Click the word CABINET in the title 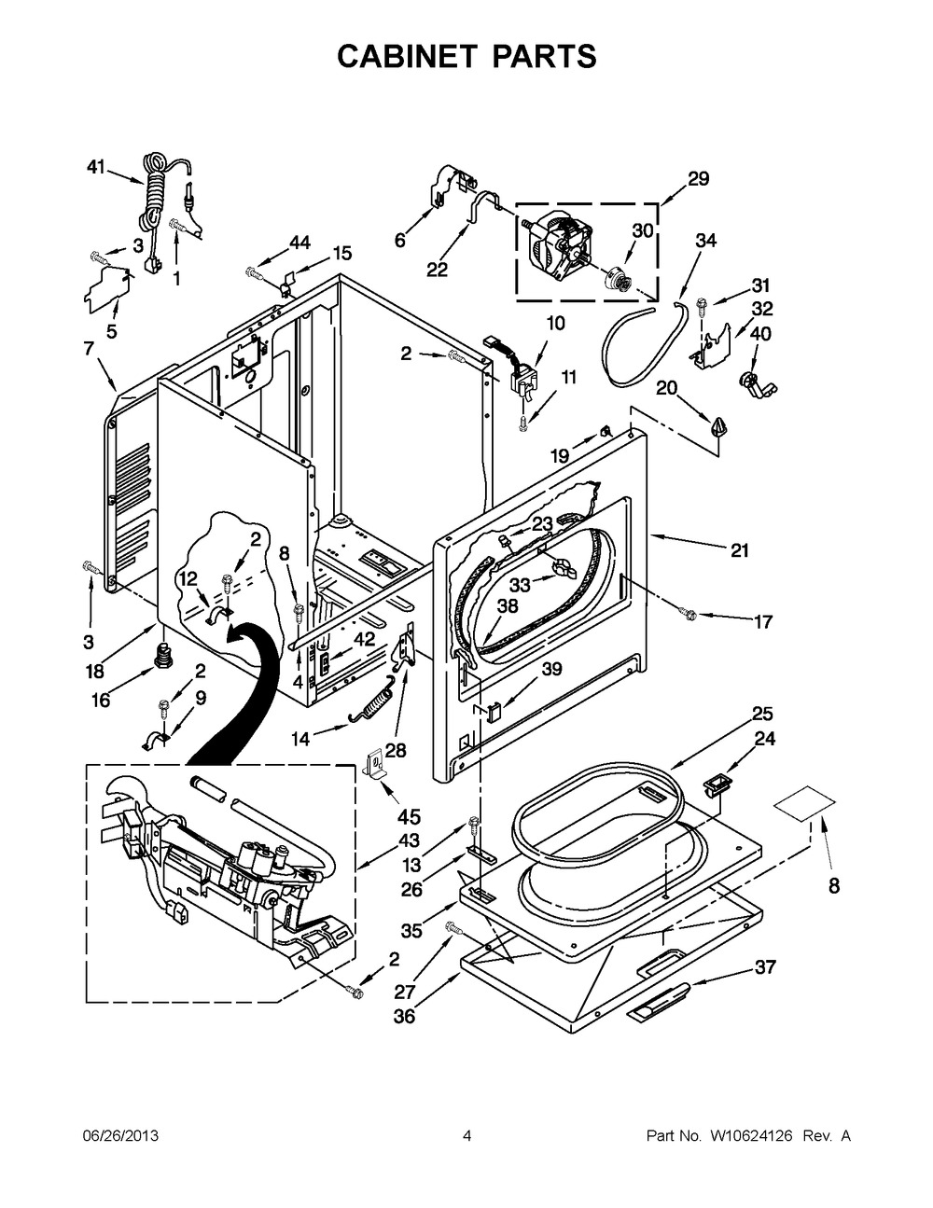coord(402,57)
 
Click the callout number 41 coord(95,167)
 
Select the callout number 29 coord(698,179)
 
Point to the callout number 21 coord(739,550)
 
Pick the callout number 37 coord(765,967)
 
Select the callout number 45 coord(409,817)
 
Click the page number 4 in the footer coord(466,1135)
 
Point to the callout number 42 coord(363,639)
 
